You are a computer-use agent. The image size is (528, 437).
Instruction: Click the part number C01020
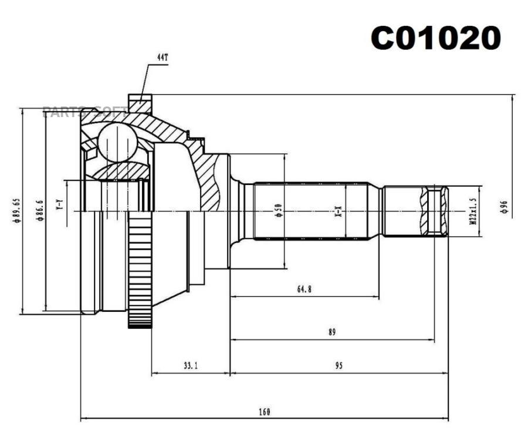[436, 39]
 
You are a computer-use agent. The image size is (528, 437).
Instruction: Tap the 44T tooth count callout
[163, 58]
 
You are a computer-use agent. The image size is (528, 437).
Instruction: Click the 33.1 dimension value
[191, 365]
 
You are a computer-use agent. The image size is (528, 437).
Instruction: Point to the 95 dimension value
[339, 365]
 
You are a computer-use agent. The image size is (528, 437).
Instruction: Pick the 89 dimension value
[332, 332]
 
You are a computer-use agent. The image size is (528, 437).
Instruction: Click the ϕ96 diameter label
[503, 207]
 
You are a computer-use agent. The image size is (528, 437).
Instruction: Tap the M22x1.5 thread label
[471, 211]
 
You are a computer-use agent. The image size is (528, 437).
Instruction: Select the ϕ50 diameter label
[277, 211]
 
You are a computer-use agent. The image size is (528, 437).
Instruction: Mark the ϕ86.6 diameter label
[39, 210]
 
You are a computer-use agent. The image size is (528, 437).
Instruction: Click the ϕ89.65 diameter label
[17, 210]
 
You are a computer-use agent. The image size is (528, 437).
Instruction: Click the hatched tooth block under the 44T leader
[140, 104]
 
